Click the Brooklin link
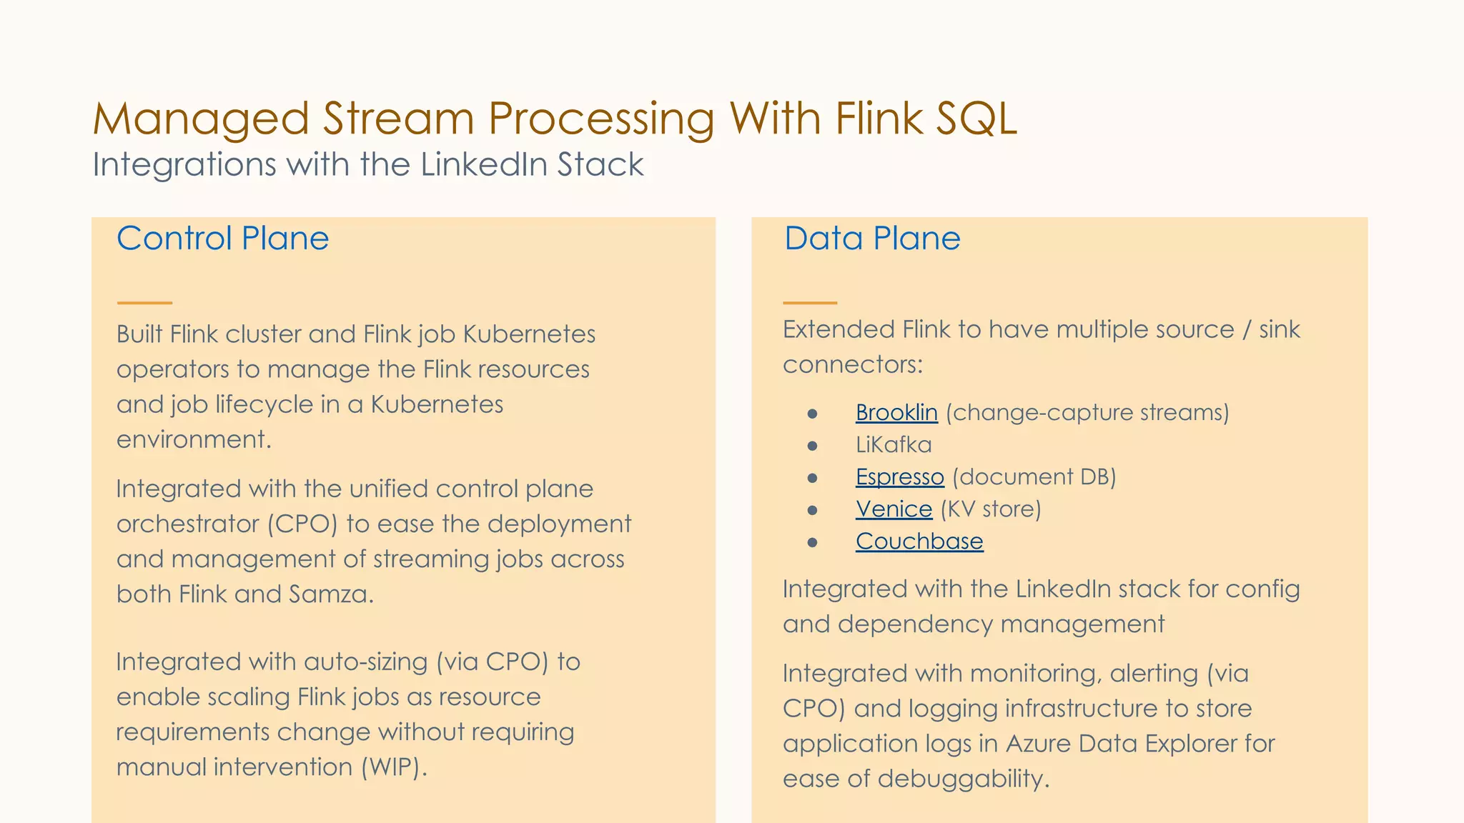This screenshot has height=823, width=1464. click(896, 413)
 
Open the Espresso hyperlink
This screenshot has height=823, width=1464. click(900, 477)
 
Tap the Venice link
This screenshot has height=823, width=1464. click(894, 509)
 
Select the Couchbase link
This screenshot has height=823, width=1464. click(919, 542)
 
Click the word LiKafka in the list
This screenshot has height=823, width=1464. click(894, 445)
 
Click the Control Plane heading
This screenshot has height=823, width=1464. click(222, 239)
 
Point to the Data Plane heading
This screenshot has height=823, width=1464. click(872, 239)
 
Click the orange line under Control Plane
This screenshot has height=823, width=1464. click(144, 303)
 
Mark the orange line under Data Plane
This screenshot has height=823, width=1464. click(810, 303)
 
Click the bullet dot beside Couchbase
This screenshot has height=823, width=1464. click(812, 542)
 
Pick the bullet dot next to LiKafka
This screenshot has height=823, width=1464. click(812, 446)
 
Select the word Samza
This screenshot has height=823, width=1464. click(331, 594)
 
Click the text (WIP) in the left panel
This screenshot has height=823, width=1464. click(393, 767)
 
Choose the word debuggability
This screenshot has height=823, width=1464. click(963, 779)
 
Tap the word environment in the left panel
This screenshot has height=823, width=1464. click(193, 439)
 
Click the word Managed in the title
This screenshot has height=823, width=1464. click(201, 119)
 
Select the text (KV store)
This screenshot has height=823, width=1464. click(991, 509)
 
